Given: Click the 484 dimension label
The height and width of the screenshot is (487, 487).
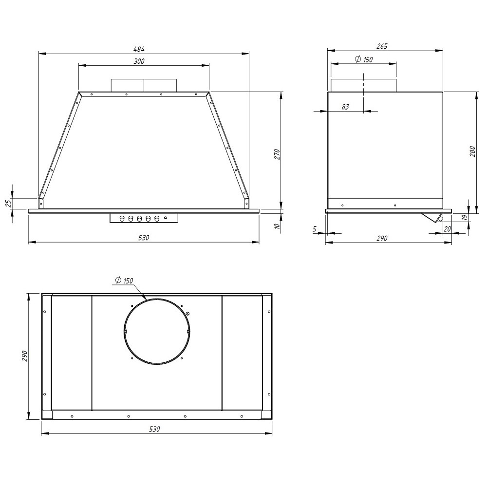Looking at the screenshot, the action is pos(139,49).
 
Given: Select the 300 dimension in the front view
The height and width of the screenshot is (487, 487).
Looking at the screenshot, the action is pos(139,61).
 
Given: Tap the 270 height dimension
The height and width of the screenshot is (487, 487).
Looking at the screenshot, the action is pos(278,154).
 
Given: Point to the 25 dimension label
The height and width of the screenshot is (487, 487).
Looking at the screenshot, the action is pos(9,203).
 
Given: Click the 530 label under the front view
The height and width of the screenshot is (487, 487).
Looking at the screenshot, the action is pos(144,238).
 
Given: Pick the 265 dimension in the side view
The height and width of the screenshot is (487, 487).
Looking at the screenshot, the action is pos(382,46).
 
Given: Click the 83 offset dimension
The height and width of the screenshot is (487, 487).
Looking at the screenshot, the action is pos(345,107).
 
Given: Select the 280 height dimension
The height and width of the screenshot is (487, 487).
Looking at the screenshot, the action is pos(473,151).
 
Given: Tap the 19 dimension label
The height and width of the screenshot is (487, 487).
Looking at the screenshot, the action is pos(465,217).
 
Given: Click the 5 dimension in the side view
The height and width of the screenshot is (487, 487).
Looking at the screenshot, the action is pos(315,229).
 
